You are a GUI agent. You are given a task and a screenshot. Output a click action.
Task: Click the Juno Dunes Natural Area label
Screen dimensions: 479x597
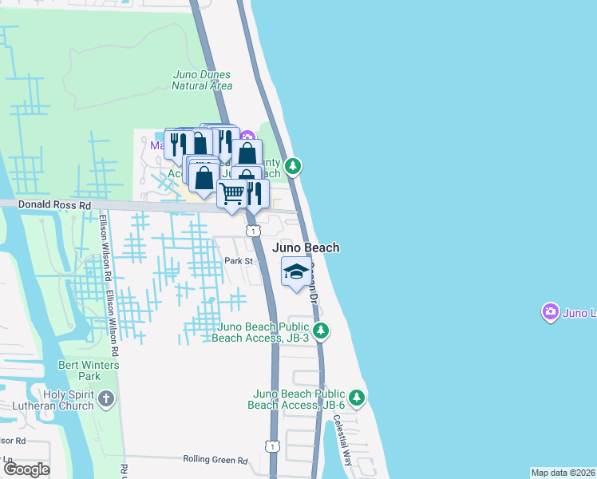click(202, 81)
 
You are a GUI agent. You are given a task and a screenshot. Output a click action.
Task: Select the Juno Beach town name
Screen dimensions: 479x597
click(306, 247)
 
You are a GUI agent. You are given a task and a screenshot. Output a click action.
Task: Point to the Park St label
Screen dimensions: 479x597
click(238, 261)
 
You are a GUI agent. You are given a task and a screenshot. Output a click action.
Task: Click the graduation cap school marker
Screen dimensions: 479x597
click(296, 273)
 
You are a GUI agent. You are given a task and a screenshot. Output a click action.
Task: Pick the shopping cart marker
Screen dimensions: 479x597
click(231, 193)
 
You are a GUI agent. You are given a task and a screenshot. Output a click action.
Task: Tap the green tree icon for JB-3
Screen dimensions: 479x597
click(321, 330)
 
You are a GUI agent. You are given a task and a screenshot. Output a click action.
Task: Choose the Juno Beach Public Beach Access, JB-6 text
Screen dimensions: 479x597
click(298, 399)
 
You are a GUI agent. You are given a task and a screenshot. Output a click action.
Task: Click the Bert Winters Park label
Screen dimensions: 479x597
click(100, 370)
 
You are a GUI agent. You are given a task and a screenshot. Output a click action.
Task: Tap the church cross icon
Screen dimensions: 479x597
click(106, 398)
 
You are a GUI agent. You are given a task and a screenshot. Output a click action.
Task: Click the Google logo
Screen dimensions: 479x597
click(26, 469)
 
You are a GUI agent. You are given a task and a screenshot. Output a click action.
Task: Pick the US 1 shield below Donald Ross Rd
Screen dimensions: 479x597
click(252, 231)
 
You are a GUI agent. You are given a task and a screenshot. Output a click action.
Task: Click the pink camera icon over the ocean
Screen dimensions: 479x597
click(550, 312)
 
